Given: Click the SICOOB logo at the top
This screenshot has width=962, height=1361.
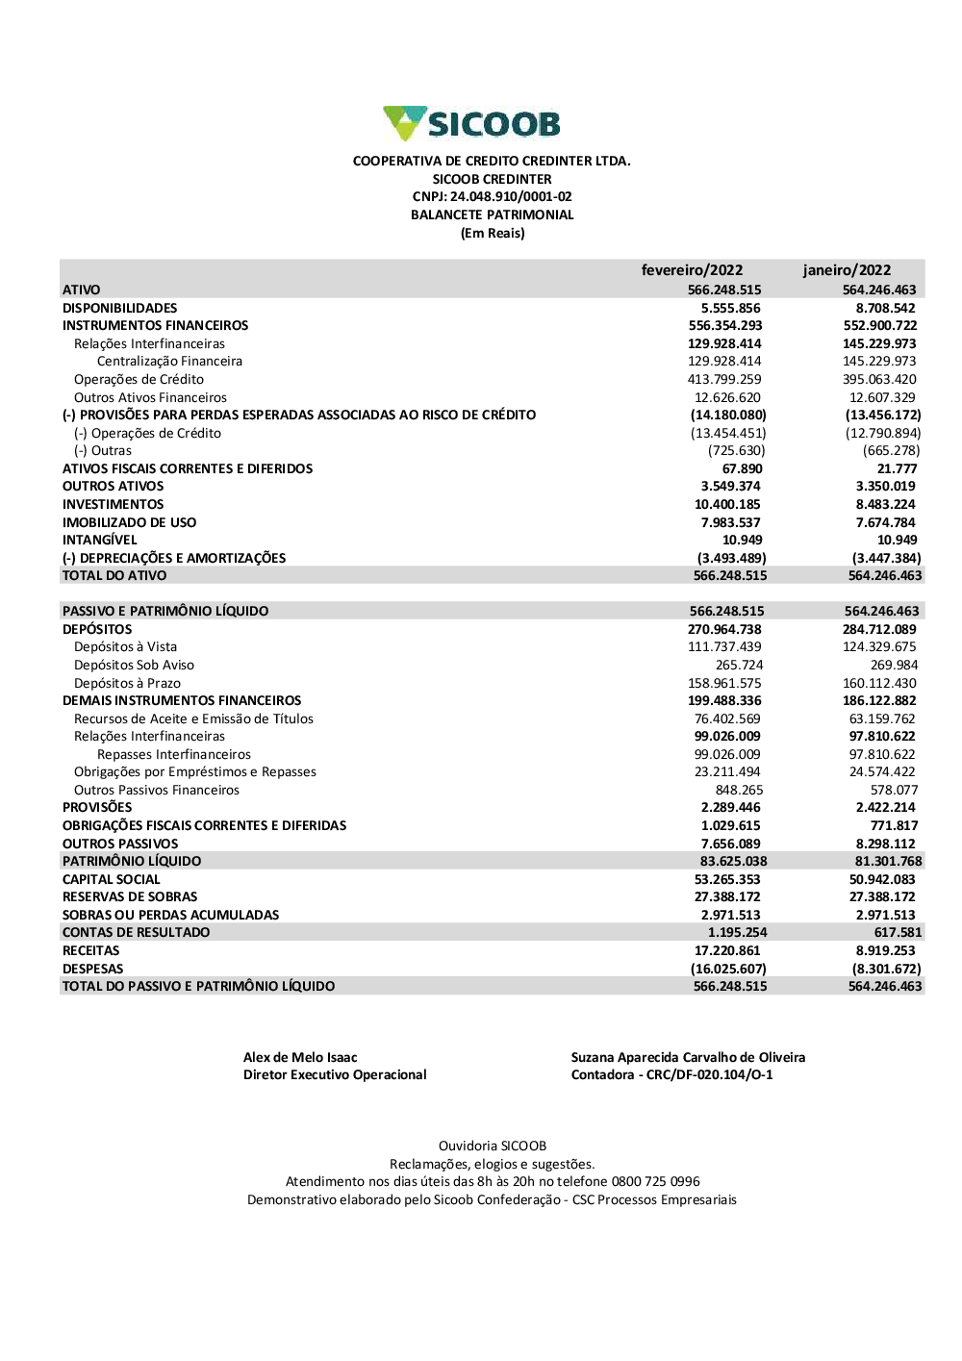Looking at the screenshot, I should point(471,124).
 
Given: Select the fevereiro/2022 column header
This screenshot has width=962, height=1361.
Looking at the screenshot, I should point(692,270).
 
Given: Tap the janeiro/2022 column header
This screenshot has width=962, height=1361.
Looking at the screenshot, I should point(847,270).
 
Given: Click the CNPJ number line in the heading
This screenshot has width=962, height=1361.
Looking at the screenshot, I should point(492,197).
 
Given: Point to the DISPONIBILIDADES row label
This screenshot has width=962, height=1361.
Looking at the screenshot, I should point(120,308).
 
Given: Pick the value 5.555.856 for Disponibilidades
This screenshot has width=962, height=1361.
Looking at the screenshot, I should point(730,308).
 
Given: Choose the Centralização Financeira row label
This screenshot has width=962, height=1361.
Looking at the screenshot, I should point(169,362).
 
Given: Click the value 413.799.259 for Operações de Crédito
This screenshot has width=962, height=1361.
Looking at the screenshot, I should point(724,380).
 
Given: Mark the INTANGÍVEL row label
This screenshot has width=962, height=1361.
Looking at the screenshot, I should point(100,541).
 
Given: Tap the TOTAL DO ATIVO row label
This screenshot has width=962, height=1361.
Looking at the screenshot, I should point(114,576).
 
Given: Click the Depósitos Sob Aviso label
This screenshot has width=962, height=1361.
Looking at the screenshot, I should point(134,666).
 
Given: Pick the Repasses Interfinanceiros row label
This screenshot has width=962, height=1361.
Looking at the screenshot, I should point(174,755).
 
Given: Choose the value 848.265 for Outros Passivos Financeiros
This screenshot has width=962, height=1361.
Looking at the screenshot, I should point(739,791).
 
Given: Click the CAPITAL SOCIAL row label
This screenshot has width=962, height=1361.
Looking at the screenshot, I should point(112,880).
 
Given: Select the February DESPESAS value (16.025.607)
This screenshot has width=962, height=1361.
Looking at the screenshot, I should point(728,970).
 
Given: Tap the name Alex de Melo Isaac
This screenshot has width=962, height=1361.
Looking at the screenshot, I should point(300,1058).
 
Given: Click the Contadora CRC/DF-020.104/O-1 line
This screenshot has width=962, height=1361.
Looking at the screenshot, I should point(671,1075).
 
